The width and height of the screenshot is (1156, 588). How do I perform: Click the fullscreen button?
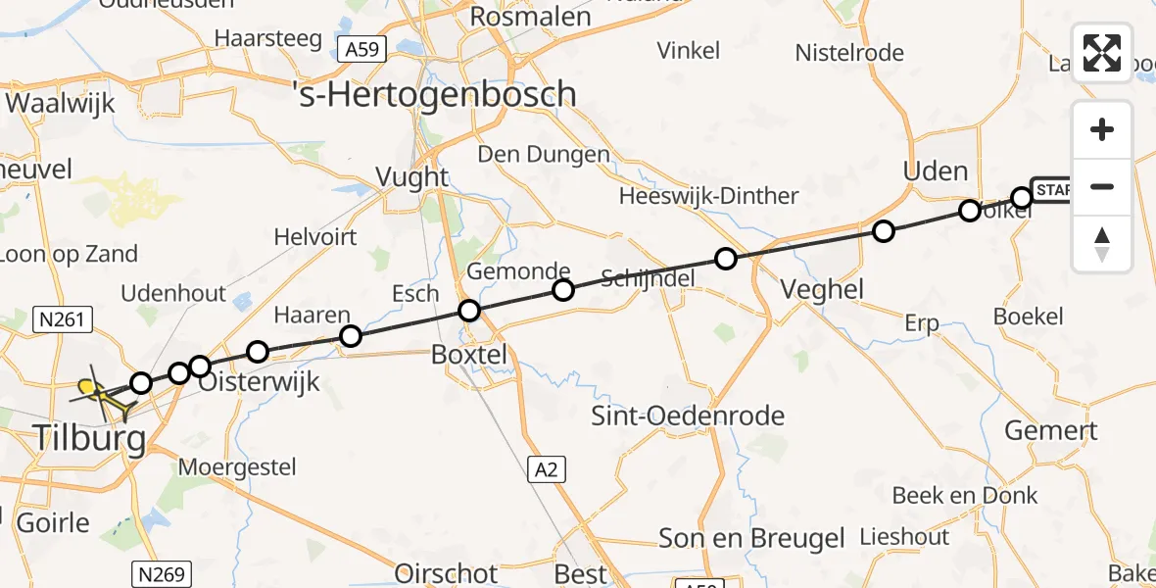(x=1102, y=52)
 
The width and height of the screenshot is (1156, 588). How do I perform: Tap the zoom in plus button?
(x=1102, y=129)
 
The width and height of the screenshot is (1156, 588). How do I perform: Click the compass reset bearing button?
(x=1102, y=244)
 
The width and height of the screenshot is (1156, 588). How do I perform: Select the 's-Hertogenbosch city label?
(x=435, y=94)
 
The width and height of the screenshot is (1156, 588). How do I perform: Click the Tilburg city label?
(x=90, y=437)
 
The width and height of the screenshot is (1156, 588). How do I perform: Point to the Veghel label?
(x=822, y=289)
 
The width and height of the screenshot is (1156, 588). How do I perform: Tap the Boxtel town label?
(x=470, y=355)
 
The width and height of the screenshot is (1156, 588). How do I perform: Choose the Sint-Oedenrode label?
(x=688, y=415)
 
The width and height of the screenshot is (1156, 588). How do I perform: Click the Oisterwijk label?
(x=259, y=381)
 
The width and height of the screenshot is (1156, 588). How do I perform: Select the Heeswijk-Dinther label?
(x=709, y=196)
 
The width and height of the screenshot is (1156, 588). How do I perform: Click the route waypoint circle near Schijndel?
(x=726, y=259)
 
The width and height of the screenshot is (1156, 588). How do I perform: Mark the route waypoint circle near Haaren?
(x=350, y=337)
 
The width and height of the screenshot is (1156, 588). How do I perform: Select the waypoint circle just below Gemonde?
(x=562, y=290)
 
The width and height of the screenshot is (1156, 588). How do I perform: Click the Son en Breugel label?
(x=751, y=538)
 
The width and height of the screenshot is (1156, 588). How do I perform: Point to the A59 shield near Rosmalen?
(x=361, y=49)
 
